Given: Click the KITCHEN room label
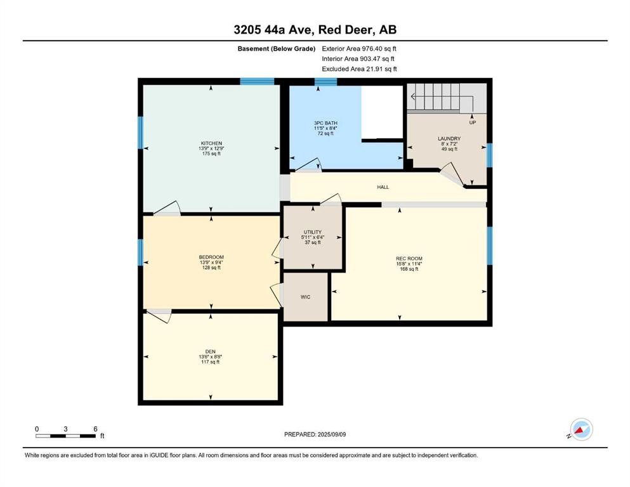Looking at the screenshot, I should (211, 143).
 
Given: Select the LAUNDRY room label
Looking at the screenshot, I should (449, 138).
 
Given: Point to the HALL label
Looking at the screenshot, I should (383, 187).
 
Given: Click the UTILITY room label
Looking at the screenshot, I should (312, 232).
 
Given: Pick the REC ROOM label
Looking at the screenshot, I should (409, 258).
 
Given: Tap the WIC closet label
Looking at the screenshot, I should (305, 297).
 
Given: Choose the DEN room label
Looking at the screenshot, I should (211, 351).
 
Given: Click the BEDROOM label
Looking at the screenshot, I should (211, 257).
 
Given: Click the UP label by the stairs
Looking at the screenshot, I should (473, 122).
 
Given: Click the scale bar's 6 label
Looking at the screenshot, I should (95, 429).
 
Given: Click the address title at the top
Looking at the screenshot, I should (315, 29).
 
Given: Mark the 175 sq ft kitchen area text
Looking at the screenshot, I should (211, 155).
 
